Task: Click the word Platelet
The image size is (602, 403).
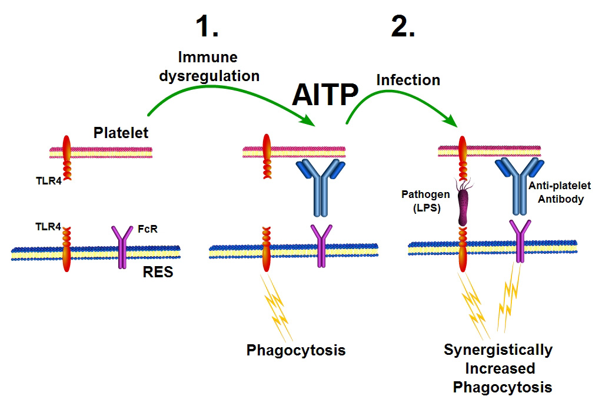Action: pyautogui.click(x=121, y=133)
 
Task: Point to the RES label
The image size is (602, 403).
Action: pyautogui.click(x=158, y=272)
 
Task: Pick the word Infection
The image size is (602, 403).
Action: pyautogui.click(x=407, y=79)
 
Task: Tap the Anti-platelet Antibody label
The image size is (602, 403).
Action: pyautogui.click(x=560, y=192)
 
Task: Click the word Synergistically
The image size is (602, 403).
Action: pyautogui.click(x=498, y=351)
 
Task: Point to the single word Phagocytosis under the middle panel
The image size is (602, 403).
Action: pyautogui.click(x=295, y=351)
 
